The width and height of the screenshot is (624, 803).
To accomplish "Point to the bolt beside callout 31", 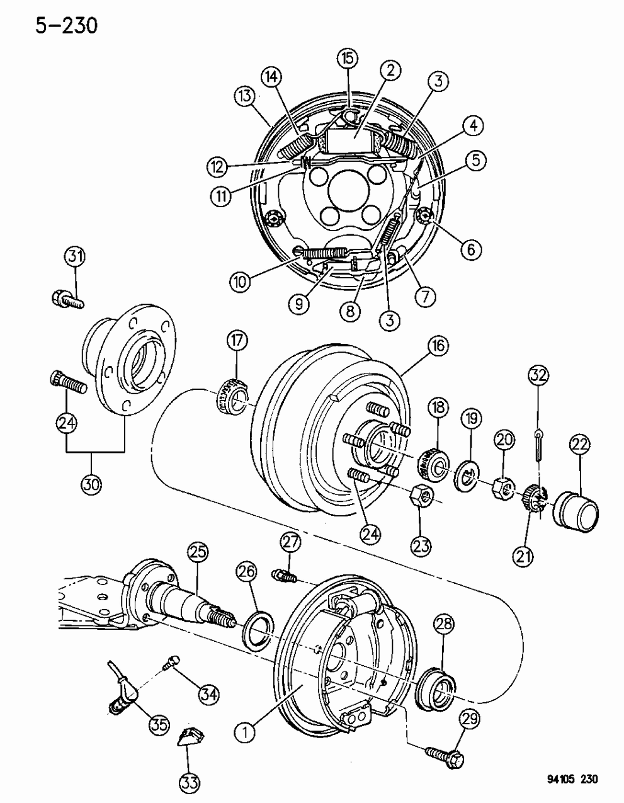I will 66,299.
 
